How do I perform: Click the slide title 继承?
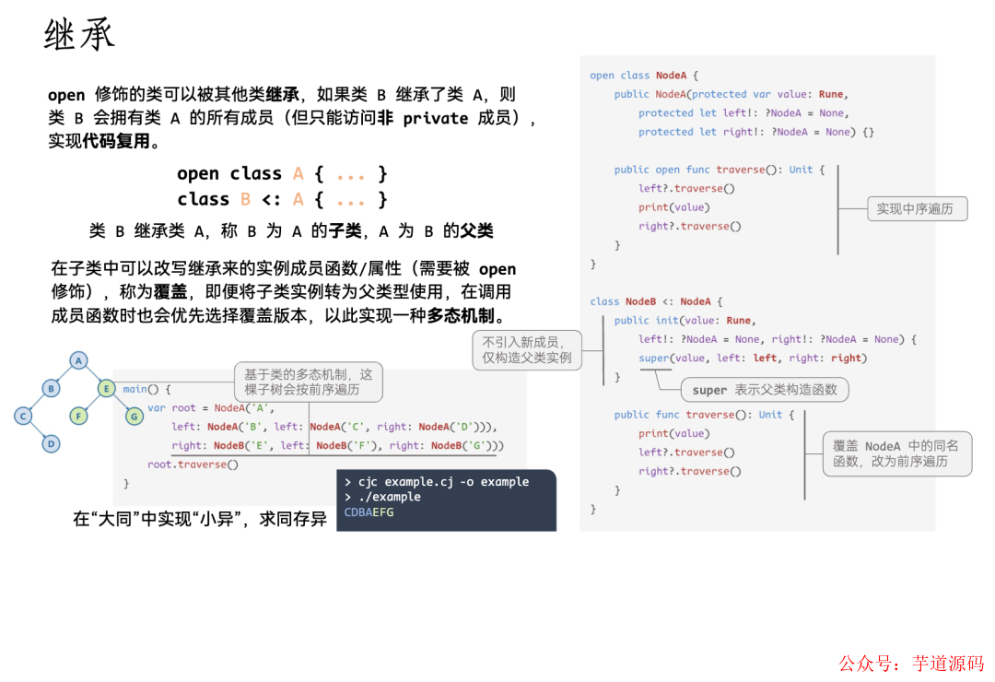click(x=79, y=35)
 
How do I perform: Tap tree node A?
click(x=79, y=360)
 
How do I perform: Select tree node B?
click(x=51, y=388)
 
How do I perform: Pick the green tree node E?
click(x=106, y=388)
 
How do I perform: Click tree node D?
click(x=52, y=443)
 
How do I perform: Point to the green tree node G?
click(x=135, y=416)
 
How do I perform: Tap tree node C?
click(x=23, y=416)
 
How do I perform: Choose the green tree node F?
click(x=79, y=416)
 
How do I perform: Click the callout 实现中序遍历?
click(x=915, y=209)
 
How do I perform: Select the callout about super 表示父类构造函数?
click(x=765, y=390)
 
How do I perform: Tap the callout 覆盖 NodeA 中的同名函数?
click(x=896, y=453)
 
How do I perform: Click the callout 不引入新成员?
click(x=527, y=350)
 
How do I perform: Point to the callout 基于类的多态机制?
click(x=309, y=382)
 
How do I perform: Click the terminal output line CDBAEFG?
click(x=369, y=512)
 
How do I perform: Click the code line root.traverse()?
click(x=193, y=464)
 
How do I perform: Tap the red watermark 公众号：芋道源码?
click(x=910, y=664)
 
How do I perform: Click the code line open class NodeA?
click(x=644, y=76)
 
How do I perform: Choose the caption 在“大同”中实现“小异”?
click(x=199, y=519)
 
